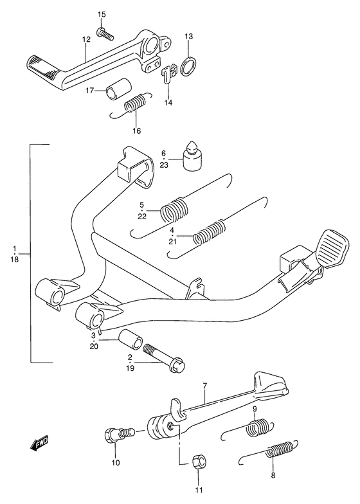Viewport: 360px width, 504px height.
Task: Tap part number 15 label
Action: (x=102, y=14)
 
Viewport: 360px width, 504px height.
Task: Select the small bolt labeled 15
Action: (x=105, y=33)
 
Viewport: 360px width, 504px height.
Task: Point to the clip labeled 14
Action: (x=168, y=73)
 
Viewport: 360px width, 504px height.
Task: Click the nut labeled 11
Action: (x=199, y=463)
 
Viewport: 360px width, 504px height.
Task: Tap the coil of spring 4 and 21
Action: (x=210, y=232)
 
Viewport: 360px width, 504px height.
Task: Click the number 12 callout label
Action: (x=86, y=40)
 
